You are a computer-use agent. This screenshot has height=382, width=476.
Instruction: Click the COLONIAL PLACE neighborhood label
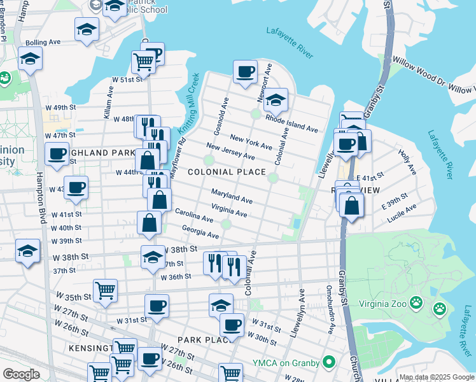[227, 172]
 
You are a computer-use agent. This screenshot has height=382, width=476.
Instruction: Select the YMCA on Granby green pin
[329, 362]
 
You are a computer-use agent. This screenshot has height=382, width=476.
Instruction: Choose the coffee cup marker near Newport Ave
[244, 72]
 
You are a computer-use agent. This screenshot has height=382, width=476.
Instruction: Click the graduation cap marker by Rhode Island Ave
[276, 100]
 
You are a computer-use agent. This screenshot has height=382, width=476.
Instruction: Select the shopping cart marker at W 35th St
[105, 290]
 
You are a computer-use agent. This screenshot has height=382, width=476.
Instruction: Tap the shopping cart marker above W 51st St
[144, 62]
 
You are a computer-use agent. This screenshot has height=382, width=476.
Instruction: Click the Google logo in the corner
[21, 374]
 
